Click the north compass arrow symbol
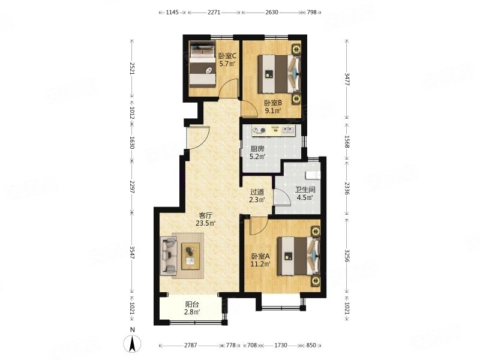tap(132, 344)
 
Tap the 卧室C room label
tap(227, 56)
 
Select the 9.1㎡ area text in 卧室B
tap(273, 111)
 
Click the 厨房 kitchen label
tap(257, 149)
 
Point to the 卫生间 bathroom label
tap(305, 190)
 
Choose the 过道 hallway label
tap(257, 192)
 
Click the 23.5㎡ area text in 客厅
tap(206, 223)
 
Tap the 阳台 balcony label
tap(192, 305)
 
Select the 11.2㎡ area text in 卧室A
tap(260, 264)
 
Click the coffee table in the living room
tap(191, 256)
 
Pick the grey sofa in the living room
tap(169, 256)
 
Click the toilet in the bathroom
tap(313, 175)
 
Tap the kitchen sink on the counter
tap(288, 130)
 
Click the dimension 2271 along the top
tap(214, 13)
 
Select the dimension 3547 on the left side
tap(132, 253)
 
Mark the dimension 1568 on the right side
tap(347, 142)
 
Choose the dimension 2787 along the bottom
tap(190, 346)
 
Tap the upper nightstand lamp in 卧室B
tap(296, 49)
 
